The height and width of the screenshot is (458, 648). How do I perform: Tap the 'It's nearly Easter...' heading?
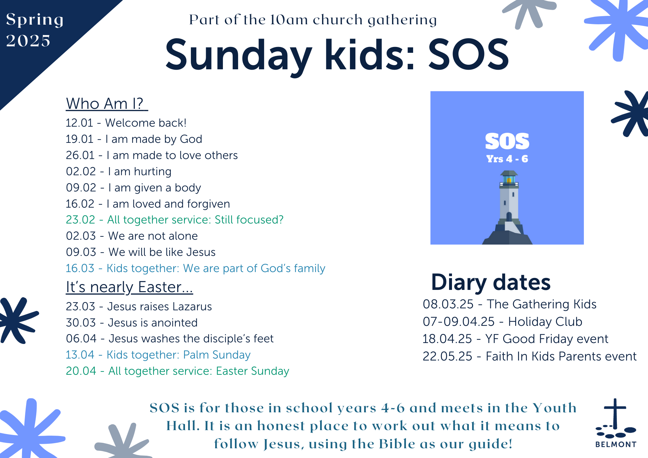(129, 287)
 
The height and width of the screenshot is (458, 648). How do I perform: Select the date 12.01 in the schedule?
(79, 123)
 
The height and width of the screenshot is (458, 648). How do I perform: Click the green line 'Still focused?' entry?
(175, 220)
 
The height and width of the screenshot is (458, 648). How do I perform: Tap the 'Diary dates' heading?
(491, 282)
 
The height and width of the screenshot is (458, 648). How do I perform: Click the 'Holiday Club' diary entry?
(545, 322)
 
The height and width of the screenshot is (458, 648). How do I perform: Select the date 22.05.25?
(447, 356)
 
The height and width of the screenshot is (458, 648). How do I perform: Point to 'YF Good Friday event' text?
(547, 339)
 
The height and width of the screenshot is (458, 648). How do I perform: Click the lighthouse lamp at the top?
(509, 179)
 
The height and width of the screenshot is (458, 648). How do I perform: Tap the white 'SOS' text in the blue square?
(507, 141)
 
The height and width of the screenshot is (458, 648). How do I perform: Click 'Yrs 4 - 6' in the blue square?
(507, 159)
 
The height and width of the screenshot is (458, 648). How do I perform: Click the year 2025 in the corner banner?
(28, 41)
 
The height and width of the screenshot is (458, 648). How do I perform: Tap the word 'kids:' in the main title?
(370, 54)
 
